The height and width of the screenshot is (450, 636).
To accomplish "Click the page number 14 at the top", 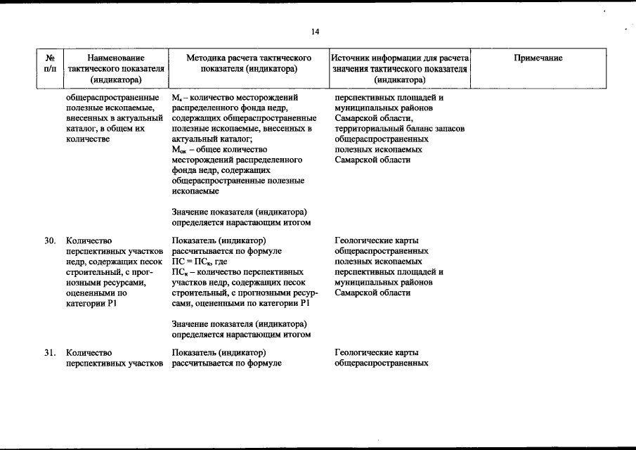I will pyautogui.click(x=315, y=32).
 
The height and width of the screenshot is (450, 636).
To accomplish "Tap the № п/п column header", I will pyautogui.click(x=50, y=63).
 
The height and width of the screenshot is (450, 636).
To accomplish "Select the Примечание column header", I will pyautogui.click(x=538, y=58).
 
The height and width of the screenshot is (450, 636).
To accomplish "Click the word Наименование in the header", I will pyautogui.click(x=117, y=58).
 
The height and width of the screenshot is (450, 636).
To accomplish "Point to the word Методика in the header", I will pyautogui.click(x=207, y=58).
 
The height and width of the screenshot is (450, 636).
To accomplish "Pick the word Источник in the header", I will pyautogui.click(x=351, y=58).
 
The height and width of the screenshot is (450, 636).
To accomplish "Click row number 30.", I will pyautogui.click(x=50, y=241).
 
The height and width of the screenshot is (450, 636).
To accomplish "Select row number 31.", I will pyautogui.click(x=50, y=353).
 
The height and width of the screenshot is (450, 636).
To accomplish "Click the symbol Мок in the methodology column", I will pyautogui.click(x=178, y=150).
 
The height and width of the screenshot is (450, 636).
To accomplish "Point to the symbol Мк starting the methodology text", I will pyautogui.click(x=176, y=98).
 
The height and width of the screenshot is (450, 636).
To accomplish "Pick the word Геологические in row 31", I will pyautogui.click(x=364, y=353).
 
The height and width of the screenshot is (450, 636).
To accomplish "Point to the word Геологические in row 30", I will pyautogui.click(x=364, y=241).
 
